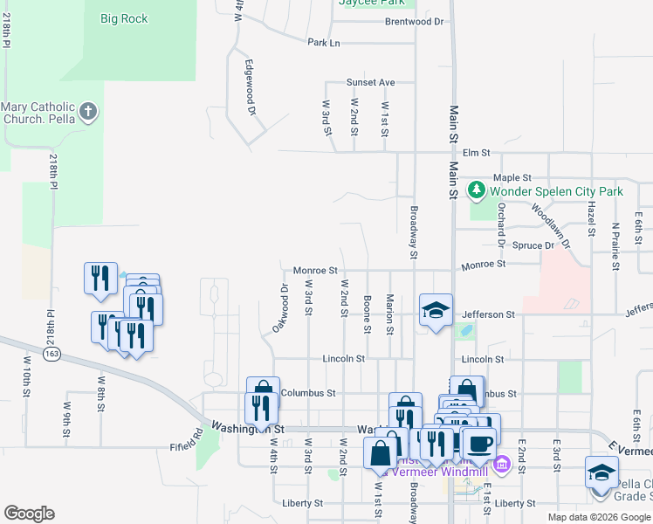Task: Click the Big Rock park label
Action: click(124, 18)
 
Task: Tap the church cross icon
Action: click(87, 112)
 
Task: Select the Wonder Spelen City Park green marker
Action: click(477, 190)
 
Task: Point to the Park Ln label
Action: click(323, 42)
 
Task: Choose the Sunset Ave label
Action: click(370, 82)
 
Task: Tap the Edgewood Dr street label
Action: click(250, 87)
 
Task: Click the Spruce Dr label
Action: click(533, 245)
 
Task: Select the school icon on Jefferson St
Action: click(436, 309)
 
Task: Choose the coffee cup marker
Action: click(478, 443)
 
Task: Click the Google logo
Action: click(30, 514)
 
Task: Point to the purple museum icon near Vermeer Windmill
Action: click(501, 462)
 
